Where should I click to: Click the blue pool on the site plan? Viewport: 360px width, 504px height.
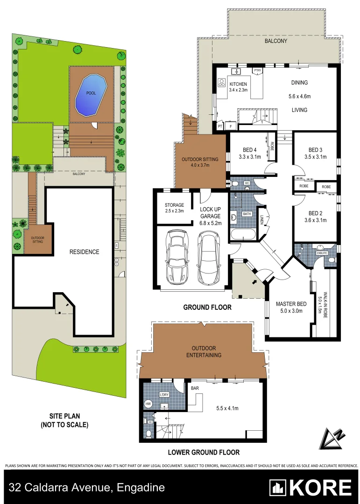coord(92,95)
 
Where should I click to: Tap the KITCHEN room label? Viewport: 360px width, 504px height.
coord(238,84)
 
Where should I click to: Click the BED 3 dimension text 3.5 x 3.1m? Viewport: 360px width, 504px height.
coord(315,157)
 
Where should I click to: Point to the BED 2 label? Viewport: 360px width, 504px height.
coord(315,214)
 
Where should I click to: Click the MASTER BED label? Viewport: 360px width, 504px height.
coord(291,304)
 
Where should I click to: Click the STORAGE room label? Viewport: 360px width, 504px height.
coord(174,205)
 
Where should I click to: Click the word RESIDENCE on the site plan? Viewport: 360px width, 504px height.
coord(85,252)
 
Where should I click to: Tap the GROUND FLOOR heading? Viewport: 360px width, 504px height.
coord(207,308)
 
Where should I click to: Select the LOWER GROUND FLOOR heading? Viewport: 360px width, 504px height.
coord(205,452)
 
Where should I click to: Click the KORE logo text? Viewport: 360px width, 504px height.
coord(321,488)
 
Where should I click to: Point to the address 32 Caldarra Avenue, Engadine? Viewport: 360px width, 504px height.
coord(87,488)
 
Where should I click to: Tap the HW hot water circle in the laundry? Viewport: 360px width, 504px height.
coord(148,404)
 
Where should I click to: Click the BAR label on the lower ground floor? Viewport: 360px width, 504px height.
coord(195,387)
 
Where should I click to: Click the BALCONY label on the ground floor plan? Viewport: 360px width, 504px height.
coord(275,41)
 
